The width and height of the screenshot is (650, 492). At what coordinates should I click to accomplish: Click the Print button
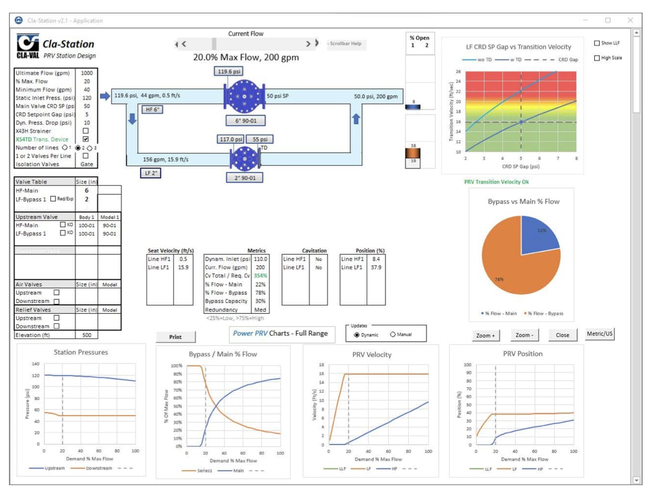(x=176, y=337)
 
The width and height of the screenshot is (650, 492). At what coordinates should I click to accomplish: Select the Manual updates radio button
(x=393, y=334)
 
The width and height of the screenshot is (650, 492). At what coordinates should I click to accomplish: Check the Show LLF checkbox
(x=596, y=43)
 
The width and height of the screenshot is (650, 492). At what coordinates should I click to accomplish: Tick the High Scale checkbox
(x=596, y=58)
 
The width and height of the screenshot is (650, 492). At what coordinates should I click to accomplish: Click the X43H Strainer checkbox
(x=86, y=130)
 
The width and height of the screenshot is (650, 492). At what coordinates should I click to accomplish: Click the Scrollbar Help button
(x=346, y=44)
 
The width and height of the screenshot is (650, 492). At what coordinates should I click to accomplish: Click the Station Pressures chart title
(x=81, y=352)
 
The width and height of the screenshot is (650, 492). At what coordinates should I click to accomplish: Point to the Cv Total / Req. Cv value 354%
(x=261, y=275)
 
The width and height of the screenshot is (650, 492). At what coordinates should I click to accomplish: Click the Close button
(x=562, y=335)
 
